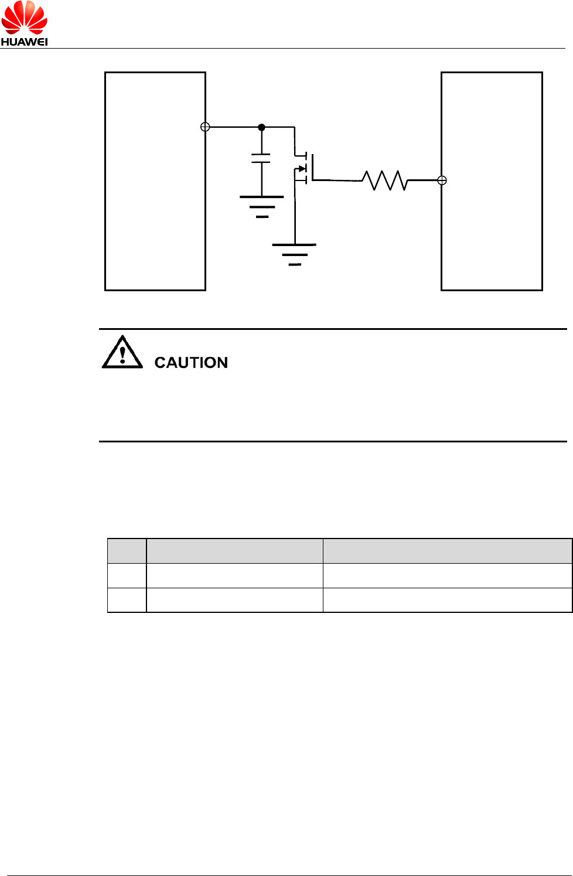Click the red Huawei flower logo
click(24, 18)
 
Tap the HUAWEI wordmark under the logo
click(24, 42)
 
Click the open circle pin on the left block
click(205, 127)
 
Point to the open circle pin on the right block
click(442, 180)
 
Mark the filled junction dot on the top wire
click(261, 127)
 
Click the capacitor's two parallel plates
click(261, 158)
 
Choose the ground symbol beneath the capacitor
click(262, 206)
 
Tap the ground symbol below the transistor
click(294, 254)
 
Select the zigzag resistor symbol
click(384, 180)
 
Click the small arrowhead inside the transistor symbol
click(302, 169)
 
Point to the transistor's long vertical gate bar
click(313, 168)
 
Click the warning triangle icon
click(122, 353)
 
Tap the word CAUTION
click(191, 363)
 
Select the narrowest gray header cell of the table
click(127, 551)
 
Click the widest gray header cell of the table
click(447, 551)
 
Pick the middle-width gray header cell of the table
click(234, 551)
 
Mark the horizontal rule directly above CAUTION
click(333, 329)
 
